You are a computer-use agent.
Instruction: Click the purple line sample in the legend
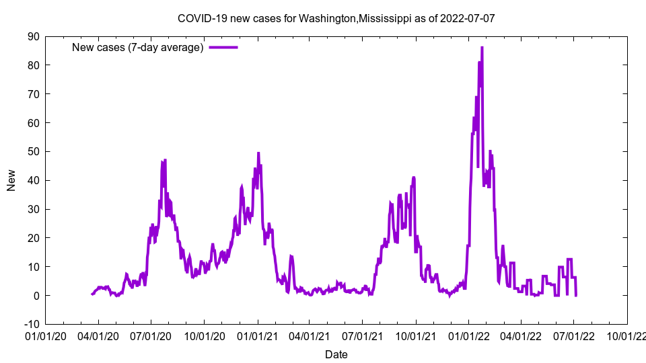tap(223, 47)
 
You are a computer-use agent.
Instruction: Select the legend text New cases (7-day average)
tap(137, 47)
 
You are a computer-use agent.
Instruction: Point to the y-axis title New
tap(11, 180)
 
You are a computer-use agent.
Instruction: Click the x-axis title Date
tap(336, 354)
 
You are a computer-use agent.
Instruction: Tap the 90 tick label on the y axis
tap(33, 36)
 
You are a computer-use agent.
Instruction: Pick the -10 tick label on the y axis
tap(31, 324)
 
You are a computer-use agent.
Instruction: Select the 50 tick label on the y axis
tap(33, 151)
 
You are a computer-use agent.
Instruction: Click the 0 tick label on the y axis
tap(36, 295)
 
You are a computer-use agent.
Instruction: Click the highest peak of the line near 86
tap(482, 48)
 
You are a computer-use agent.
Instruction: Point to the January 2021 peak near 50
tap(258, 153)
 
